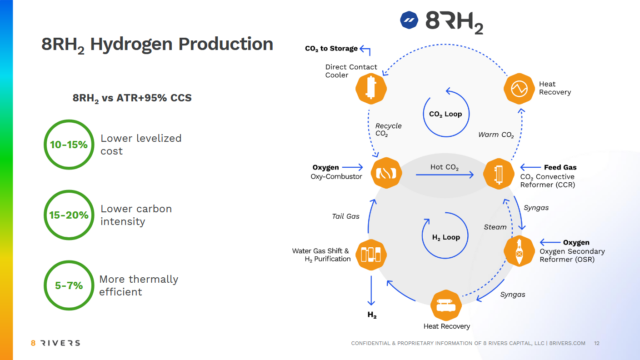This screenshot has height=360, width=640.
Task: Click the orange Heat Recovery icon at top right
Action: click(518, 89)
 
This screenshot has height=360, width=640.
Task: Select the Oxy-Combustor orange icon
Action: click(386, 174)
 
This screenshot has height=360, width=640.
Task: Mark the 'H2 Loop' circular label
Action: click(443, 240)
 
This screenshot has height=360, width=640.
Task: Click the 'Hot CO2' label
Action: click(443, 167)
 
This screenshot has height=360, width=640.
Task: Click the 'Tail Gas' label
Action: click(344, 215)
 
